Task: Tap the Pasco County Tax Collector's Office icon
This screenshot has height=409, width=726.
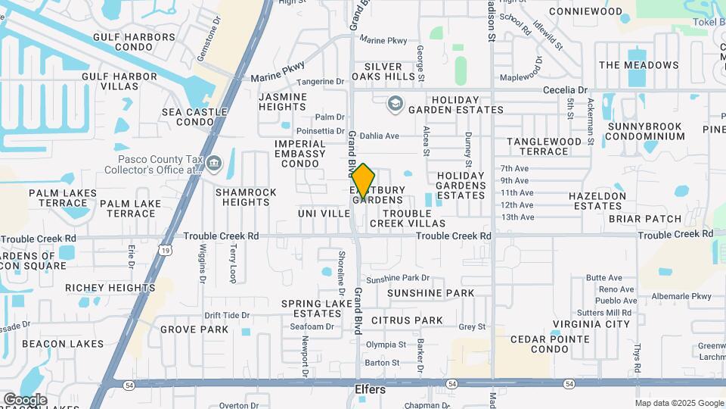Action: click(215, 163)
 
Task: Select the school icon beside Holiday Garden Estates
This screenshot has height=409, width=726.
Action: click(395, 104)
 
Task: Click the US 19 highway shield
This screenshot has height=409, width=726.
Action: click(165, 248)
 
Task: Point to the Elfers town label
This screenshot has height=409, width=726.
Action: click(371, 390)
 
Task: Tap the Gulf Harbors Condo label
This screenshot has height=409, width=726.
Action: click(134, 41)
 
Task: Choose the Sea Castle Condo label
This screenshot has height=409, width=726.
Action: click(194, 117)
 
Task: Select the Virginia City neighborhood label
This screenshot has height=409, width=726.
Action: click(591, 324)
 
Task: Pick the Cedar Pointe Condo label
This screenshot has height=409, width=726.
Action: click(550, 344)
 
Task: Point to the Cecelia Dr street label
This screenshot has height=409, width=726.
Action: click(565, 89)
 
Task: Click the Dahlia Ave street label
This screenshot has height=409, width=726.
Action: click(379, 136)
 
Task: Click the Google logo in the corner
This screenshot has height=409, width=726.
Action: click(25, 399)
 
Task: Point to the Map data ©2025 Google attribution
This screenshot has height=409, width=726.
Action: click(679, 403)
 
